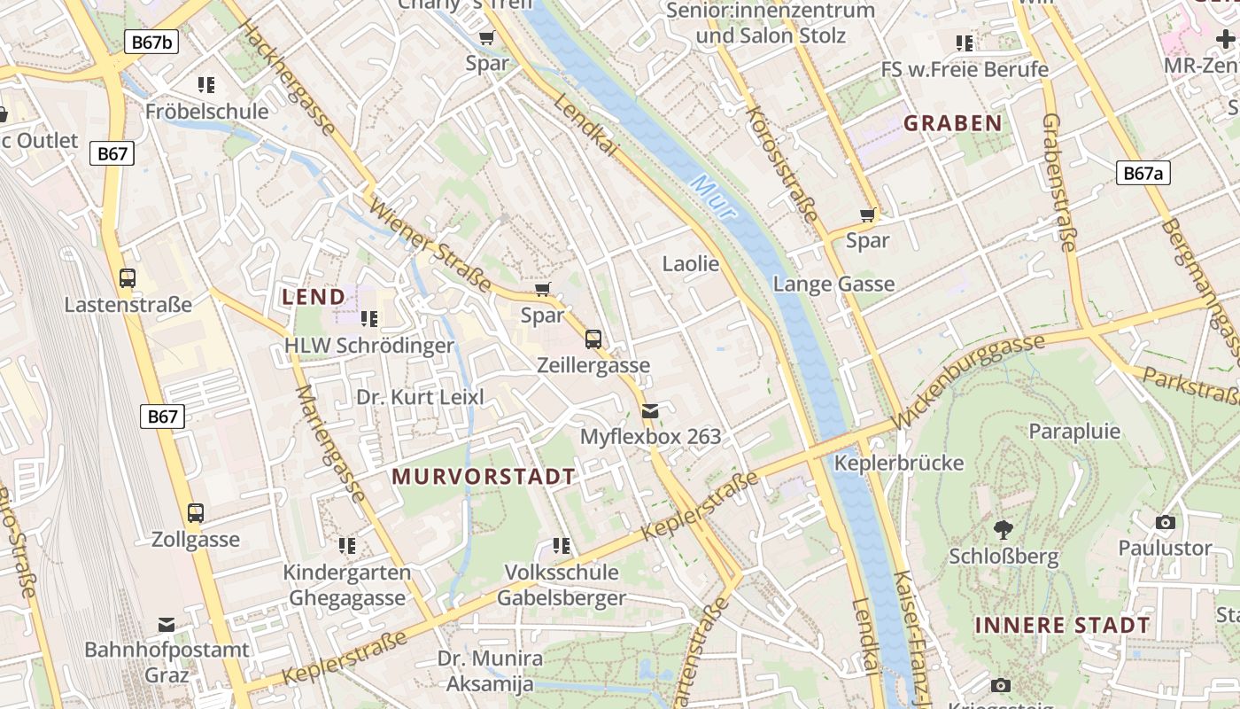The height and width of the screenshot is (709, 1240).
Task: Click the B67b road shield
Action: coord(151,42)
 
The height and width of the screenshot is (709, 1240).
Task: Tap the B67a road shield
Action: coord(1143,173)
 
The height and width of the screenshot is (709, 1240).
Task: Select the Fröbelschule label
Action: coord(206,111)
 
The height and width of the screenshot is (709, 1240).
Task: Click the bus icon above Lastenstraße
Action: coord(128,277)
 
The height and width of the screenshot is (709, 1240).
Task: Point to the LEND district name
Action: coord(314,297)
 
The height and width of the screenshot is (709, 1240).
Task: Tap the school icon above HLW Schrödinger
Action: coord(369,318)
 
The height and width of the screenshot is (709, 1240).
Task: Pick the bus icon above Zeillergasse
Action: coord(593,339)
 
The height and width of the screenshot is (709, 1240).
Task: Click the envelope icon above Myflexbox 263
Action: coord(650,410)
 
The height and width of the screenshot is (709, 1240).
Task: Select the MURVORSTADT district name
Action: coord(484,476)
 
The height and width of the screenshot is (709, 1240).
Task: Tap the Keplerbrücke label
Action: coord(899,463)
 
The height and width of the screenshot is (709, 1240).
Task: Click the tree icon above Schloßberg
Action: coord(1004,530)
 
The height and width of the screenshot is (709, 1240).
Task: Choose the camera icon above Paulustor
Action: coord(1166,522)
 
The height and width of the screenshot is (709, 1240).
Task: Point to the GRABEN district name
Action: coord(952,123)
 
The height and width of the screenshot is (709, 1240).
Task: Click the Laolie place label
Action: coord(691,263)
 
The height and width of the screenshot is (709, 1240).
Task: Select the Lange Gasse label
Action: coord(833,284)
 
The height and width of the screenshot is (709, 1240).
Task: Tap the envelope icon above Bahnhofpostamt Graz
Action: coord(167,625)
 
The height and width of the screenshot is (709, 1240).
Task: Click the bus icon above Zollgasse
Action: coord(196,512)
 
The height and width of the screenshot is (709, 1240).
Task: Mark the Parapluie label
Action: coord(1074,432)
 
